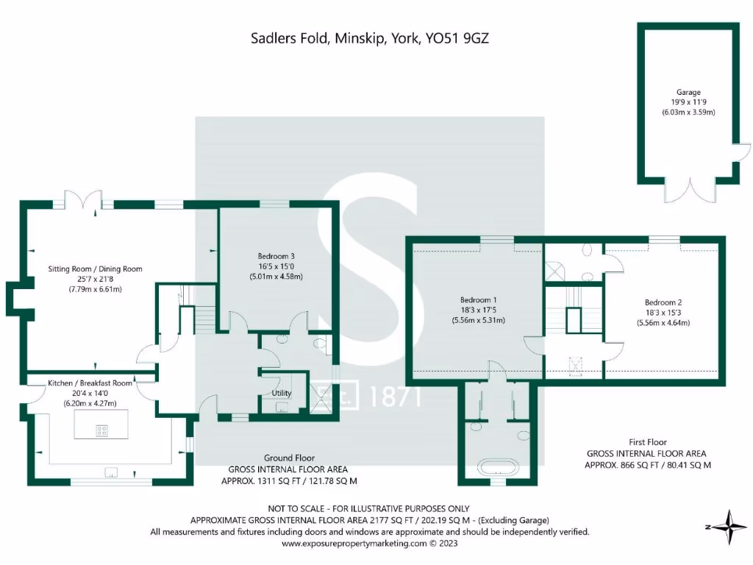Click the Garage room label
pos(689,93)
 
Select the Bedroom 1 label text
pos(479,299)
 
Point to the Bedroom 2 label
pos(663,302)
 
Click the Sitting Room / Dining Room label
pos(96,269)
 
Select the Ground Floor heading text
pos(288,458)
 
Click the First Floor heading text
pos(647,442)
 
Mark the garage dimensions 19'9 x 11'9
pos(689,103)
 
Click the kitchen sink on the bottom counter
pos(112,472)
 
